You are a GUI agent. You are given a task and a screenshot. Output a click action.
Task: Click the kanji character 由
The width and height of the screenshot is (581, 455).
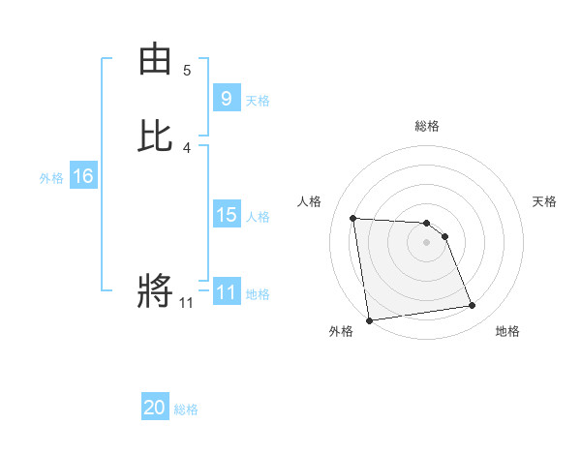[155, 60]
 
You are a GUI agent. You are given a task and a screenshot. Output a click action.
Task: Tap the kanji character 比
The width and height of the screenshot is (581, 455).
[155, 136]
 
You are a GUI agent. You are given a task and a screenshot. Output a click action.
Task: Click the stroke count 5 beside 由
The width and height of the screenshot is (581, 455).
[187, 71]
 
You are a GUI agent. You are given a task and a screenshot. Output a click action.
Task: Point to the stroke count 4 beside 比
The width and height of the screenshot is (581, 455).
[187, 148]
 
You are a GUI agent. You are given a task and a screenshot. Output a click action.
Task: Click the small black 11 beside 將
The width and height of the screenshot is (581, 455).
[187, 303]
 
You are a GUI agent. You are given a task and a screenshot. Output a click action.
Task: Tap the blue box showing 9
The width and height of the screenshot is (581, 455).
[226, 98]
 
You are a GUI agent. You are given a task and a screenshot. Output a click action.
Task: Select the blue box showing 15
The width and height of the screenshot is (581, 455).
[226, 215]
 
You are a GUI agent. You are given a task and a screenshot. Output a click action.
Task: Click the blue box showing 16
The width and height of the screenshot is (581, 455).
[82, 176]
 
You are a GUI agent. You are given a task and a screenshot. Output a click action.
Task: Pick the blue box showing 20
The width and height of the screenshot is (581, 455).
[155, 408]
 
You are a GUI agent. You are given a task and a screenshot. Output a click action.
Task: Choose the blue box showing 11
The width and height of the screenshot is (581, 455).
[226, 292]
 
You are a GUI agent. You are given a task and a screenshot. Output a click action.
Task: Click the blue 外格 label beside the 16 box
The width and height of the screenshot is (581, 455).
[51, 178]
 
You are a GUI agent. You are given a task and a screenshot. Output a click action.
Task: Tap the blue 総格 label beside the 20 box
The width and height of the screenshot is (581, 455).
[186, 409]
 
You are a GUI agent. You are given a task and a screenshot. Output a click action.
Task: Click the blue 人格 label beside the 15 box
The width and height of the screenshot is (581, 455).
[259, 217]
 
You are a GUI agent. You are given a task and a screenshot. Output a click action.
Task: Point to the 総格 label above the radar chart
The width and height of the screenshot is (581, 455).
[427, 126]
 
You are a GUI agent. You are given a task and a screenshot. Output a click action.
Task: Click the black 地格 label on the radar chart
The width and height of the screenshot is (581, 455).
[507, 331]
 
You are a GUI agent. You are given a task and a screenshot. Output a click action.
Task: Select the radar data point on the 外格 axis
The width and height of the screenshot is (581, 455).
[369, 319]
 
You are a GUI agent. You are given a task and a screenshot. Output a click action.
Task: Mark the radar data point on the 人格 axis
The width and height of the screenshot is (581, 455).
[353, 218]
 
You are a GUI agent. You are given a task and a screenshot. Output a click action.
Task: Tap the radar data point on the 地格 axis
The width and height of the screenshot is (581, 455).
[473, 306]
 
